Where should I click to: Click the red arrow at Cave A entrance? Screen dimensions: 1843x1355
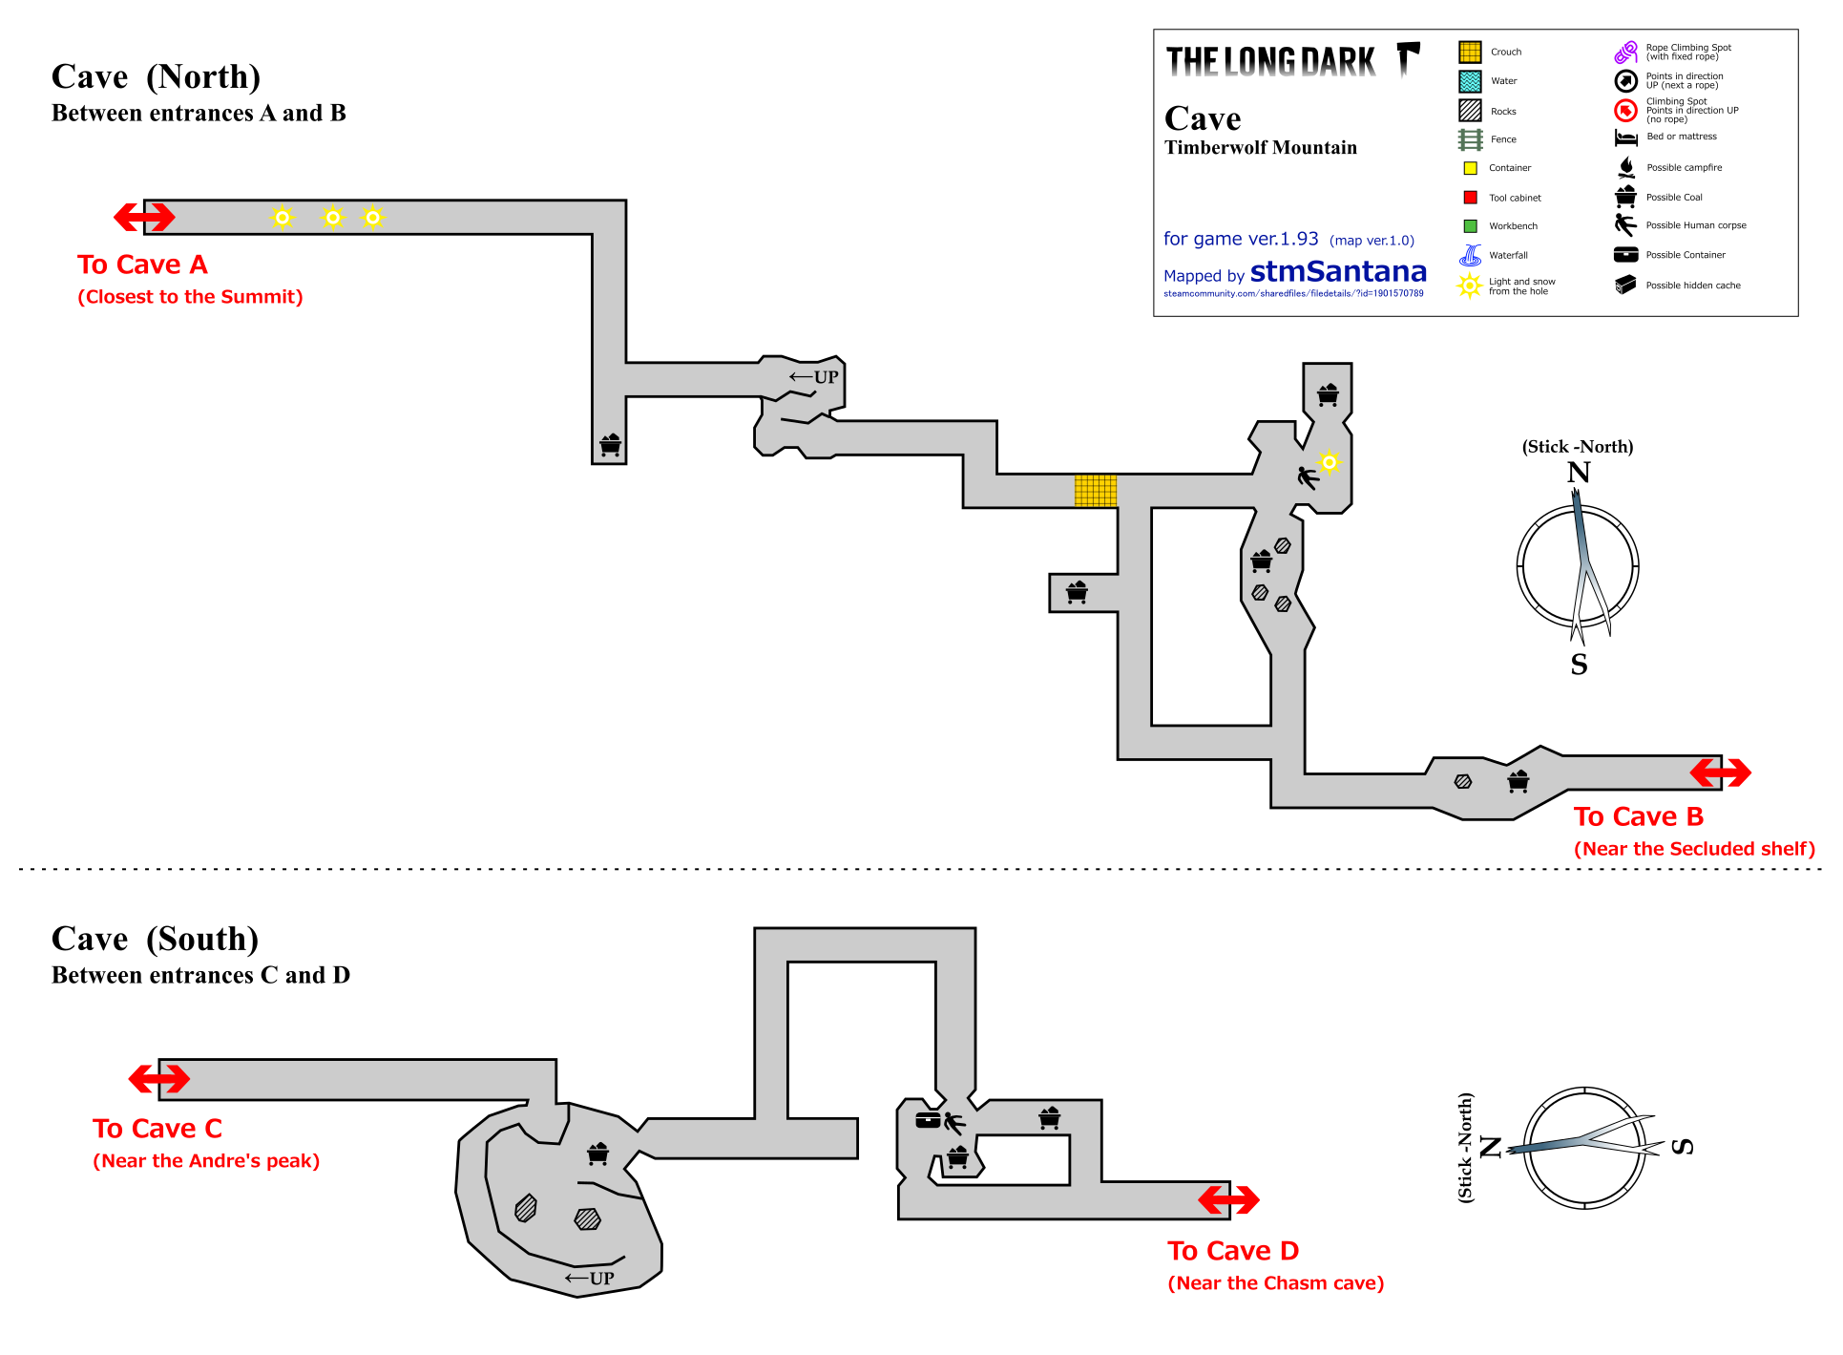[x=144, y=217]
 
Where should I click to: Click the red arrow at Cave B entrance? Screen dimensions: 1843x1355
[x=1720, y=772]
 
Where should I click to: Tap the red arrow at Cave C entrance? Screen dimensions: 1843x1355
[x=159, y=1079]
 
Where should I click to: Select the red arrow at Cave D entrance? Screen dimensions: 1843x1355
[x=1228, y=1199]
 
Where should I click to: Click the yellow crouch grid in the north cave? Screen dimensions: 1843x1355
[x=1096, y=491]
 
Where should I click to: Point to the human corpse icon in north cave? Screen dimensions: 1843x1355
[x=1308, y=476]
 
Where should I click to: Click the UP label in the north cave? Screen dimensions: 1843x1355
[x=814, y=377]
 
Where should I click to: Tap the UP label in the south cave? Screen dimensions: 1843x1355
[x=590, y=1279]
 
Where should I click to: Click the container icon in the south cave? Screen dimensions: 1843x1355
[x=929, y=1120]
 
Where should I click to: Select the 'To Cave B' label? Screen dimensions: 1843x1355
[x=1638, y=816]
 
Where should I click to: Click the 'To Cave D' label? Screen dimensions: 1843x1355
[x=1233, y=1251]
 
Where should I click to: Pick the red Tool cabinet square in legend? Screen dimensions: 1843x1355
[x=1470, y=198]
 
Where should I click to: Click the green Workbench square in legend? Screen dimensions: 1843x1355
[x=1470, y=226]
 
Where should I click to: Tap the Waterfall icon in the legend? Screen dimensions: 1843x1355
[x=1470, y=255]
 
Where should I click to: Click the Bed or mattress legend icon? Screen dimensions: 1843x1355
[x=1625, y=138]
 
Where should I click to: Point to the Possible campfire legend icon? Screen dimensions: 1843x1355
[x=1626, y=167]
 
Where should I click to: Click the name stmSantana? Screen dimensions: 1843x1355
[x=1338, y=272]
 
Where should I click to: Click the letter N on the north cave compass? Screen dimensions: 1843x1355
[x=1579, y=473]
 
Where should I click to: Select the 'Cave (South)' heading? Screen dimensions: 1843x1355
[x=156, y=940]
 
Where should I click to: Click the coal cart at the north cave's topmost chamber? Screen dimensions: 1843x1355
[x=1327, y=394]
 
